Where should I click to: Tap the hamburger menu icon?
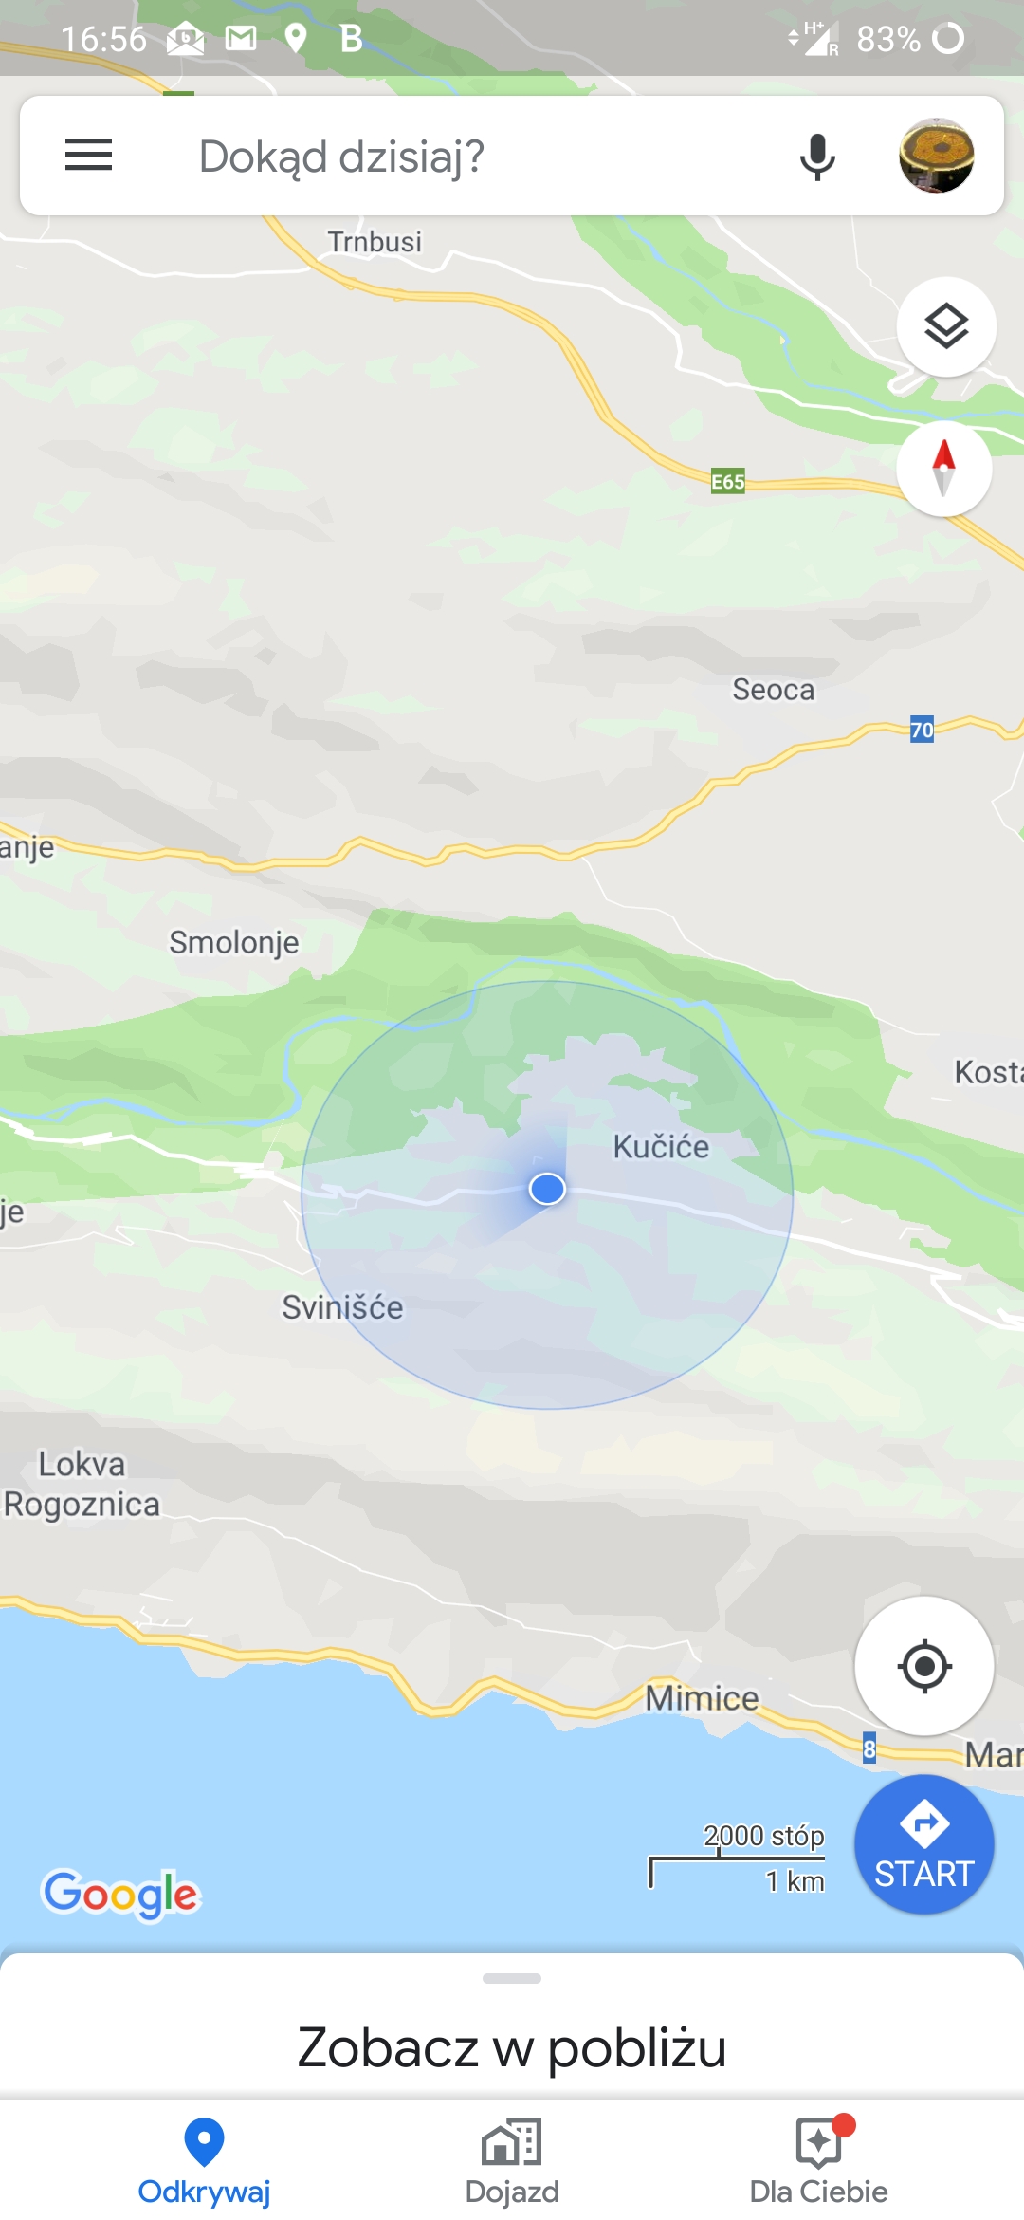click(88, 155)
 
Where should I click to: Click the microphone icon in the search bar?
click(816, 157)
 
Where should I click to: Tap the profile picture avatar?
click(936, 156)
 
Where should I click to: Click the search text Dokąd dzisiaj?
click(341, 157)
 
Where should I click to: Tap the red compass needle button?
click(944, 469)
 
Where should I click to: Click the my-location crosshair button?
click(923, 1666)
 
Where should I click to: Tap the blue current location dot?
click(547, 1188)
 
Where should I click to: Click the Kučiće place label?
click(661, 1147)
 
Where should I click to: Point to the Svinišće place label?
click(342, 1307)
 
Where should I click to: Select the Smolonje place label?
click(233, 942)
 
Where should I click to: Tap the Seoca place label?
click(773, 690)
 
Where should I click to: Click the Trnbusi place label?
click(375, 242)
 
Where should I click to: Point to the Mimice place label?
click(702, 1698)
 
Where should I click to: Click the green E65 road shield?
click(728, 482)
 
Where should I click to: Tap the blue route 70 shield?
click(922, 730)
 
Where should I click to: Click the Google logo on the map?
click(121, 1894)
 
